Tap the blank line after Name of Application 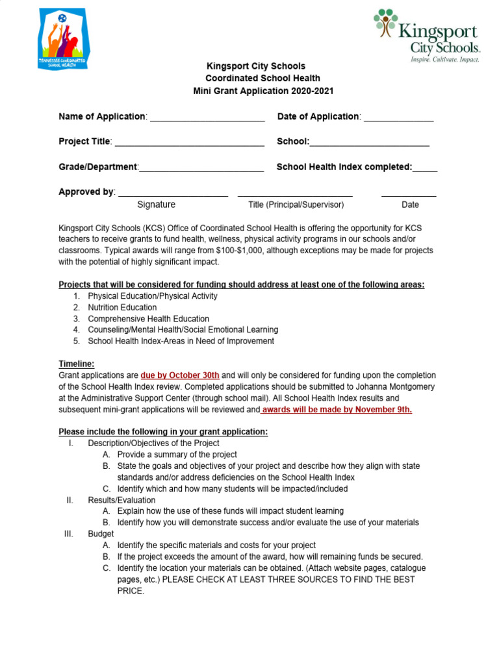207,118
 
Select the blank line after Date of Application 398,118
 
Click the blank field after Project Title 189,142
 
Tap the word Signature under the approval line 156,205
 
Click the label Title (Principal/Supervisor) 296,205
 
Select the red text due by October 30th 180,375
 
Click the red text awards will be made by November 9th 337,410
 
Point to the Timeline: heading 77,364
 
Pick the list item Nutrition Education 122,307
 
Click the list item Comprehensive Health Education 148,319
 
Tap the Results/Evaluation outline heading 122,500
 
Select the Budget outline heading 101,534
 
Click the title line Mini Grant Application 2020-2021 263,91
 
